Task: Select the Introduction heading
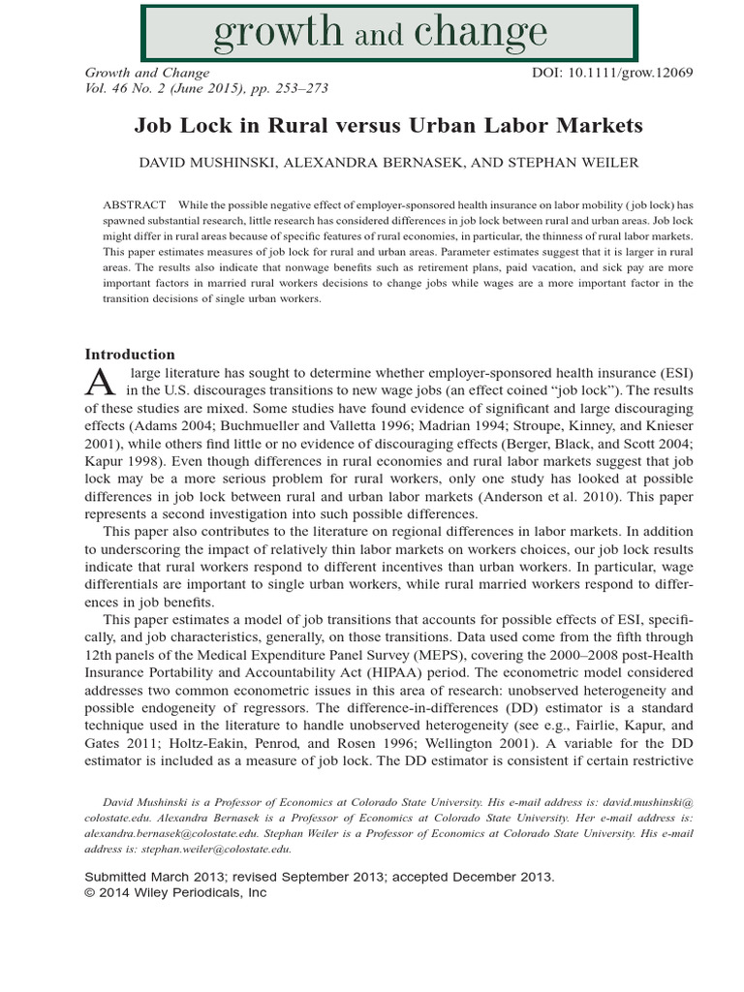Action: (x=130, y=355)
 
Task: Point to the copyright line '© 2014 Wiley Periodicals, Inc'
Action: (x=176, y=892)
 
